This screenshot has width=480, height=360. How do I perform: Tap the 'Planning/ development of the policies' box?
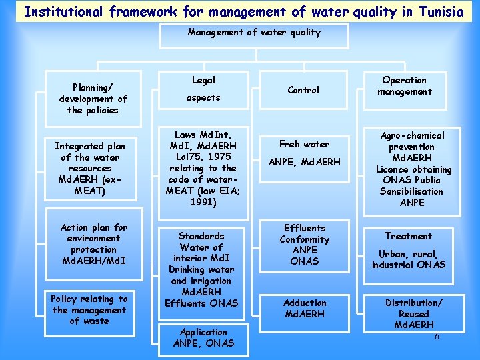[93, 99]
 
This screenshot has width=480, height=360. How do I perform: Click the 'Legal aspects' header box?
[203, 89]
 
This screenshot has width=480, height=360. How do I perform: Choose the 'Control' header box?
[303, 90]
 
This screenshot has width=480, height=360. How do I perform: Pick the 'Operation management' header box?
[404, 86]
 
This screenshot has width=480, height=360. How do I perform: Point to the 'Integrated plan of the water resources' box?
[89, 169]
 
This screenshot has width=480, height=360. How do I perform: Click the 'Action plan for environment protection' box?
[93, 244]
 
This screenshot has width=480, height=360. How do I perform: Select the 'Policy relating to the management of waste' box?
[89, 310]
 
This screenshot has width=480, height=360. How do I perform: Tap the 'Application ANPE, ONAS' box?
[203, 337]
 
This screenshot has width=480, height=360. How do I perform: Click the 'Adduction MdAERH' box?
[305, 308]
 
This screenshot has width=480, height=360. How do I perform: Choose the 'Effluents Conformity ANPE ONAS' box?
[305, 245]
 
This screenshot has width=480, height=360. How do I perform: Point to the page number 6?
[437, 336]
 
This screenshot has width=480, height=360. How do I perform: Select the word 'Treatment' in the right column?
[408, 236]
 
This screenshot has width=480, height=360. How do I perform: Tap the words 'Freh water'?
[304, 144]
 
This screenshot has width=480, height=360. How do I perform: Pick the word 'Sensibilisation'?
[411, 191]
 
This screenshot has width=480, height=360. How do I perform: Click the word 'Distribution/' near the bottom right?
[413, 303]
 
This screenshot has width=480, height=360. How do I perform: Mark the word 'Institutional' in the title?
[62, 11]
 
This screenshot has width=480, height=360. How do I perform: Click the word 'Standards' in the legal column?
[201, 236]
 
